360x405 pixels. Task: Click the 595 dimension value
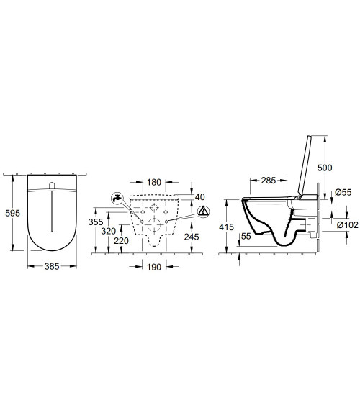click(13, 214)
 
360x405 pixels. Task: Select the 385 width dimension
click(52, 266)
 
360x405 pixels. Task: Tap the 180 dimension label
click(154, 182)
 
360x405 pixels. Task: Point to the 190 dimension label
click(154, 267)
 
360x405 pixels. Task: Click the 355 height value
click(96, 222)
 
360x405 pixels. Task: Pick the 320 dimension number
click(108, 231)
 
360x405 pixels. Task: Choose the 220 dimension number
click(121, 241)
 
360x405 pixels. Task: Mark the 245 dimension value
click(192, 237)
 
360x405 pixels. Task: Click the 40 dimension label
click(199, 197)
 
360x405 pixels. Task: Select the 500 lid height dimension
click(325, 168)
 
